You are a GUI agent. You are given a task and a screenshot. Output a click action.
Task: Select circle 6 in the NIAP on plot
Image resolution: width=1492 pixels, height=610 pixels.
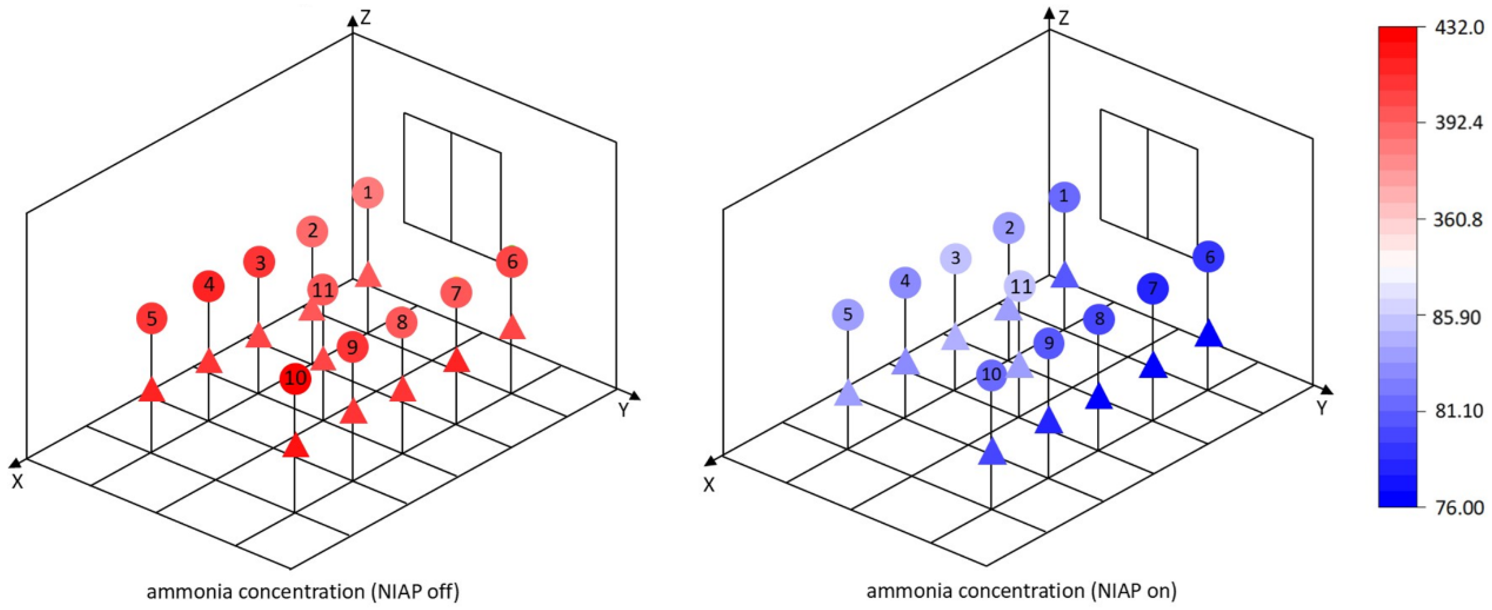(1209, 257)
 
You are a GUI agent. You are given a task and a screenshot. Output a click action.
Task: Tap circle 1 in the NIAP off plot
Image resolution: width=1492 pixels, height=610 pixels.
(367, 192)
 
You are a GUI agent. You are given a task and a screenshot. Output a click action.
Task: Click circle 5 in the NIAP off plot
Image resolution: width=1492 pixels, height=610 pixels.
(152, 318)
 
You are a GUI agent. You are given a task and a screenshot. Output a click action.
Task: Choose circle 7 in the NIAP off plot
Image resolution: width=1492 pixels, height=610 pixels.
(456, 293)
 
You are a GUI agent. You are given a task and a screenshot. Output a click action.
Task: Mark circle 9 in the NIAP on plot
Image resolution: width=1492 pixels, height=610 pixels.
(1049, 344)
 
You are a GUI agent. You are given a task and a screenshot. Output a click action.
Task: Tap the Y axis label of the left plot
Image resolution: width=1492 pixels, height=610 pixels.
(624, 410)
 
